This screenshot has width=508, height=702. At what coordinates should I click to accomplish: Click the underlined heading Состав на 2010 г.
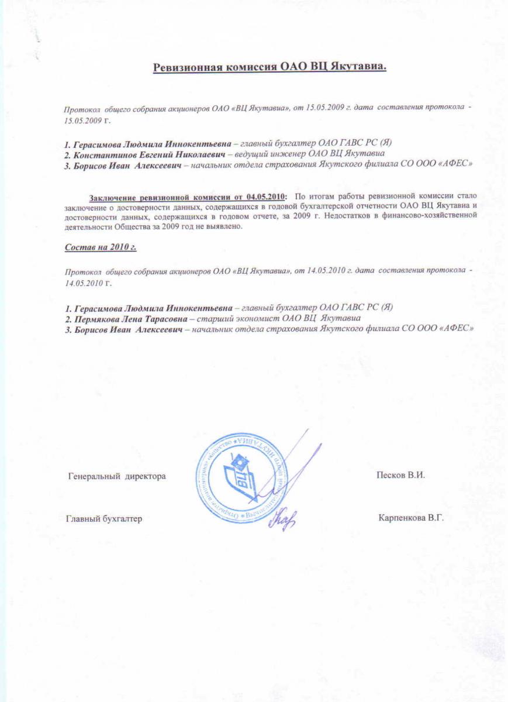(100, 247)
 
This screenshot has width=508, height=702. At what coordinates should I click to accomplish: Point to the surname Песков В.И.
(400, 475)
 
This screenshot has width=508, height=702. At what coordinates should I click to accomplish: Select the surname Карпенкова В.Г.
(411, 518)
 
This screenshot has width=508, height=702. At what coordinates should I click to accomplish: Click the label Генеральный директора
(118, 476)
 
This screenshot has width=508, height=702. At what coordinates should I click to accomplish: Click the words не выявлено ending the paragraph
(217, 226)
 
